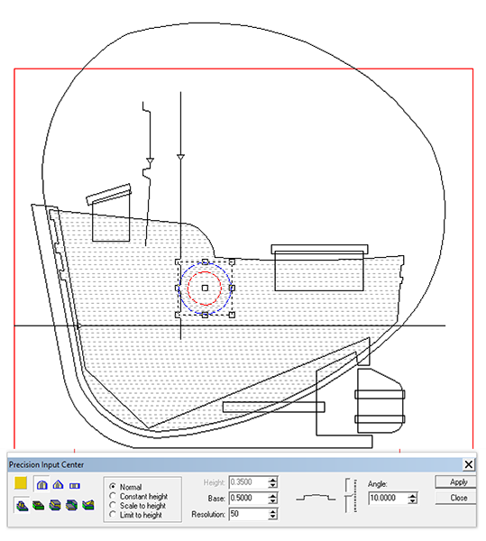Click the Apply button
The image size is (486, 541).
click(456, 482)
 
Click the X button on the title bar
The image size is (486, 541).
click(468, 464)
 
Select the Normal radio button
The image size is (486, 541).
click(113, 487)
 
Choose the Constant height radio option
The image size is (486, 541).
click(113, 496)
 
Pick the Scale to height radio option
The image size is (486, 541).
click(113, 506)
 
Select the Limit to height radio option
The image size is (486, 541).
click(113, 515)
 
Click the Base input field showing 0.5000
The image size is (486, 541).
click(248, 499)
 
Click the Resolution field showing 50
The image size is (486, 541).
click(248, 514)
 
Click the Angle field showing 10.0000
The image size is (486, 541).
click(388, 499)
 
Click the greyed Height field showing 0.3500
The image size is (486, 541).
click(248, 482)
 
